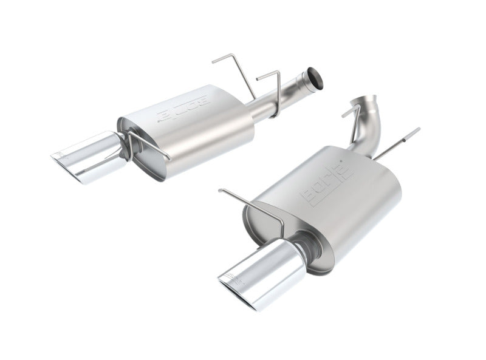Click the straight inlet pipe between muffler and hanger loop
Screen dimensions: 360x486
[x=264, y=111]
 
